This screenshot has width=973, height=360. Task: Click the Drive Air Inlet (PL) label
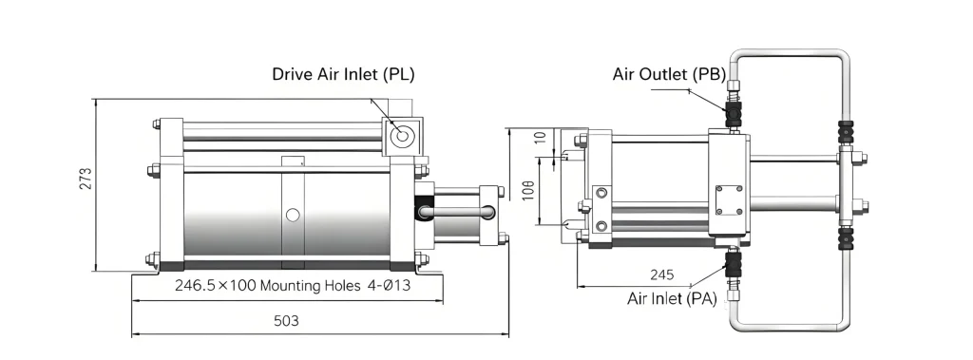tap(343, 74)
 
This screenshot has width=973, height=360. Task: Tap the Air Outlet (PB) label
tap(669, 74)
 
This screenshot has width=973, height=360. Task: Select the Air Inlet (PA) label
tap(672, 298)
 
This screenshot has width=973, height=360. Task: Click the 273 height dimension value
tap(86, 179)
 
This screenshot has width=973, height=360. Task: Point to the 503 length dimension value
tap(286, 321)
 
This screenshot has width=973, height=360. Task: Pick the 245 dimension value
tap(662, 275)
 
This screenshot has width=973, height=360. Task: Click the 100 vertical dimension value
tap(528, 190)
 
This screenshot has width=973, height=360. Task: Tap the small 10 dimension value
tap(543, 137)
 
